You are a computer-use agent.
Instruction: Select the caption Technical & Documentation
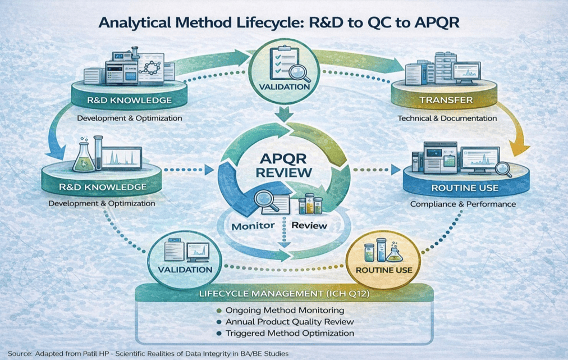click(x=447, y=119)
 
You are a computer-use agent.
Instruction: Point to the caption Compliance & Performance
click(x=462, y=204)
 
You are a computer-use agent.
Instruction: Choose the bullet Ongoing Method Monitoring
click(x=284, y=310)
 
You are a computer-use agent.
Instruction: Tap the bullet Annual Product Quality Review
click(x=290, y=322)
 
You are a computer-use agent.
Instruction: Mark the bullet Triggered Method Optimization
click(x=290, y=333)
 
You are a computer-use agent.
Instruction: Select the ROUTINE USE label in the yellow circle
click(x=384, y=270)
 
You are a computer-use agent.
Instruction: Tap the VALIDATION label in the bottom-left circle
click(x=185, y=269)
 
